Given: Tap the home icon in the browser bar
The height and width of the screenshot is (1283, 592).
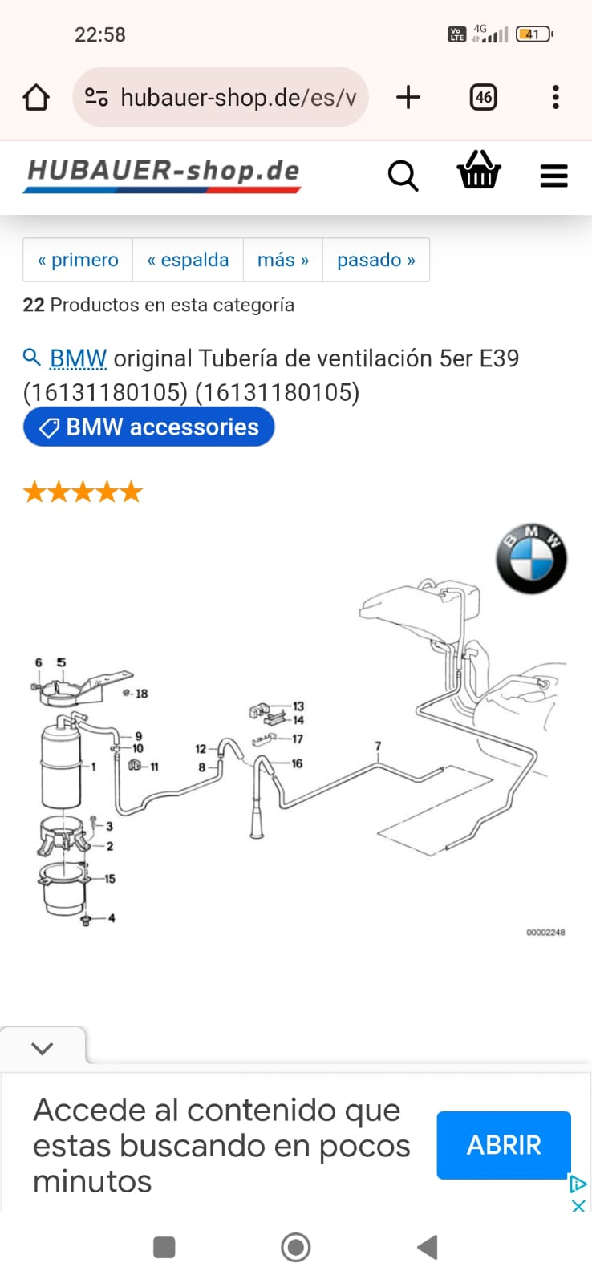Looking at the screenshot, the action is coord(35,97).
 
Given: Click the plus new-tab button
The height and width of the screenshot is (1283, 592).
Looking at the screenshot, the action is coord(408,97).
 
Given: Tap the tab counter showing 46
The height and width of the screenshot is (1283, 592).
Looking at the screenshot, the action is coord(483,97).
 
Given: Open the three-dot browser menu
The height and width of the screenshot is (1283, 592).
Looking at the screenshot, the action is coord(555,97).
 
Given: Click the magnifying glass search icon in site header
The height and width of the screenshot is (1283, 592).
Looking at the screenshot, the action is coord(403,176).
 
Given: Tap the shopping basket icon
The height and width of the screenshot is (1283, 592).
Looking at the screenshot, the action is coord(479,169).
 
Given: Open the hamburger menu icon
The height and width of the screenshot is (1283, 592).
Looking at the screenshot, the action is coord(553,176).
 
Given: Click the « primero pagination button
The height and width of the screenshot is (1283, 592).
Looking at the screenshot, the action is coord(78,260).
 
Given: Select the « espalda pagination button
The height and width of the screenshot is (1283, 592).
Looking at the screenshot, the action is coord(188,260).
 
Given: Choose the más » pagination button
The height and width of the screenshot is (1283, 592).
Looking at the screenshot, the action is coord(283,260).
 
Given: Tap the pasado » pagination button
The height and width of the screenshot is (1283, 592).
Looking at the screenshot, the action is coord(376,260).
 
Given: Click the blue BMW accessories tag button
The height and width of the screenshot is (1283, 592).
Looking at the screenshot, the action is coord(149,427).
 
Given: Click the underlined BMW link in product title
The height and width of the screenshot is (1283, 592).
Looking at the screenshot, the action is coord(78,359).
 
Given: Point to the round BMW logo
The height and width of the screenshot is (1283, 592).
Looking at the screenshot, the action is coord(531,558).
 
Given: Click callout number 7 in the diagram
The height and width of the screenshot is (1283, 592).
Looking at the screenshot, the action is coord(378,746).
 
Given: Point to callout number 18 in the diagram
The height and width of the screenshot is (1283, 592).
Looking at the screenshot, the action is coord(141,694).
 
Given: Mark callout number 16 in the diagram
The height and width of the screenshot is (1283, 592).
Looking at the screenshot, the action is coord(297,763).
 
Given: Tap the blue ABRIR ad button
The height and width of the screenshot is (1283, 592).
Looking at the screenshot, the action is coord(504,1145).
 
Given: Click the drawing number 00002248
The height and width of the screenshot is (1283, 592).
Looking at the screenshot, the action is coord(545,933).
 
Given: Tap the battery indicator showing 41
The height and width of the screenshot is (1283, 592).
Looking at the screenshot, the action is coord(534,34).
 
